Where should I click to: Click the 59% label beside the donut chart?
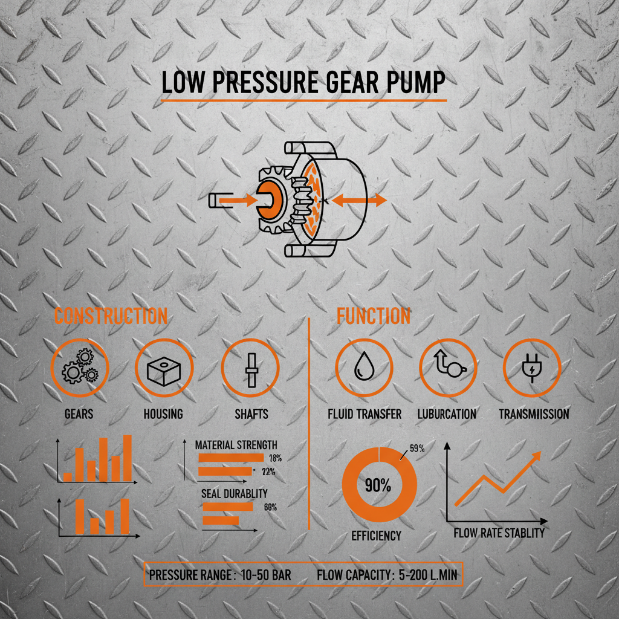pos(416,449)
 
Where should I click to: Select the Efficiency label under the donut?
pos(376,536)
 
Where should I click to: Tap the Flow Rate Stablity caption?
pos(499,533)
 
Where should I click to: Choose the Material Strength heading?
pos(236,445)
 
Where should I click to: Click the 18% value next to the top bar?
pos(274,458)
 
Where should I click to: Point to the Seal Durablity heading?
pos(234,494)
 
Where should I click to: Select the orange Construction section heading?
pos(111,316)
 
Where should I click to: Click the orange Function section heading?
pos(373,316)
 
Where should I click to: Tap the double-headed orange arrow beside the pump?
pos(359,201)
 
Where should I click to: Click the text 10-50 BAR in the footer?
pos(265,576)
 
